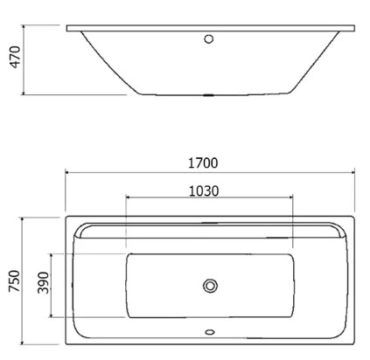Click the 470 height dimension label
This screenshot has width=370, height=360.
(x=16, y=57)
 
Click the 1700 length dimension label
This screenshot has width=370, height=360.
(x=203, y=163)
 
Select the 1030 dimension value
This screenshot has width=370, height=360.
(x=204, y=191)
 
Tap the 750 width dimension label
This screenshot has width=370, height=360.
(x=14, y=281)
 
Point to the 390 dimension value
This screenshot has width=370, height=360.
(x=44, y=283)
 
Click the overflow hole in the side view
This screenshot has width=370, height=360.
(x=208, y=38)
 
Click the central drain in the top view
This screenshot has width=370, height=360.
(x=210, y=286)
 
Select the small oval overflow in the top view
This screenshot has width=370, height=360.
(x=210, y=332)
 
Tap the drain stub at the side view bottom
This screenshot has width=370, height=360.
(x=208, y=95)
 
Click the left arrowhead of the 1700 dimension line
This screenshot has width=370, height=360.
(x=66, y=172)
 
